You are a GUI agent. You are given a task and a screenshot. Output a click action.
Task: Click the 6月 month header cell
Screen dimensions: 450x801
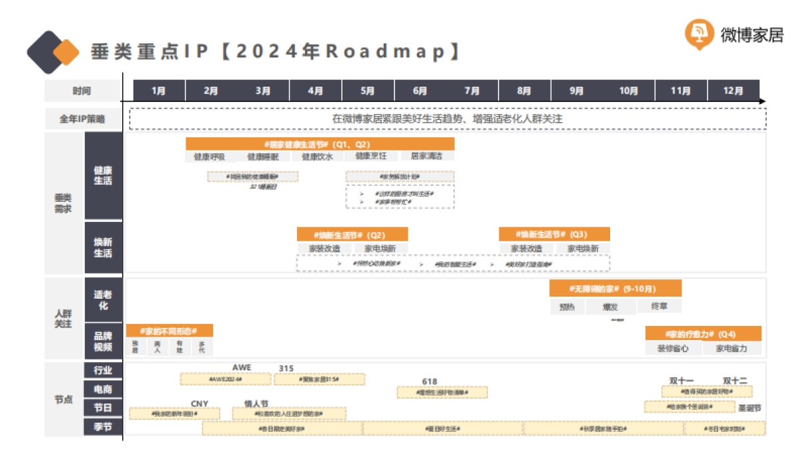pos(420,91)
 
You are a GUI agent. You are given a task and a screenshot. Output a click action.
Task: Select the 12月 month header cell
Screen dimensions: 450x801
pos(733,91)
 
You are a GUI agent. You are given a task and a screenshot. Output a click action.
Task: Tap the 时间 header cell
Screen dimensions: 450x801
pos(82,91)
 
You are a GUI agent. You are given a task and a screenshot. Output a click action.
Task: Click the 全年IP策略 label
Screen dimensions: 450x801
pos(82,119)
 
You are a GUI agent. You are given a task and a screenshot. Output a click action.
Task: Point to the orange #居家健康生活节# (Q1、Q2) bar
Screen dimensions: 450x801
pos(320,144)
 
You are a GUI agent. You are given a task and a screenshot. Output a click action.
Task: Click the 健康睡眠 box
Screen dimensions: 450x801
pos(263,157)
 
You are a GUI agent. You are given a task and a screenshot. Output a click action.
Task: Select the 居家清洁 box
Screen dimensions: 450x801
pos(427,157)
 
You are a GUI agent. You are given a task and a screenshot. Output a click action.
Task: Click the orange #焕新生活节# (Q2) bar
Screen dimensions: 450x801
pos(352,235)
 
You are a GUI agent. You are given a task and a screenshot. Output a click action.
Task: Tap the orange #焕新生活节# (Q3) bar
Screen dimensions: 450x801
pos(554,235)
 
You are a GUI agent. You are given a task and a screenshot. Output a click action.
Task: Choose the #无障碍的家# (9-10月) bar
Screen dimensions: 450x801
pos(615,289)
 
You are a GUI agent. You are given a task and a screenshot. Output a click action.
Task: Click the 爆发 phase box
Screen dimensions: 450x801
pos(610,307)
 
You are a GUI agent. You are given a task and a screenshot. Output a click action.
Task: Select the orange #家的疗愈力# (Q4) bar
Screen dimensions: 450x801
pos(703,333)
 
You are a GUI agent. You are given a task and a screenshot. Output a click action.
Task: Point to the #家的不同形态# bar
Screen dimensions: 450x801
pos(170,331)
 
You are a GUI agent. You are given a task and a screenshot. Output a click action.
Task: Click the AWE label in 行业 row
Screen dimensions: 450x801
pos(242,368)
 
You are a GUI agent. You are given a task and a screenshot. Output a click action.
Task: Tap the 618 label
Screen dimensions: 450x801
pos(429,381)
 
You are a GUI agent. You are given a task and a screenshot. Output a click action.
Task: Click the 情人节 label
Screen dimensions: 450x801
pos(256,403)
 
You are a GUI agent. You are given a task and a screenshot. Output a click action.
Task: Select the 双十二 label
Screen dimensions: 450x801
pos(735,381)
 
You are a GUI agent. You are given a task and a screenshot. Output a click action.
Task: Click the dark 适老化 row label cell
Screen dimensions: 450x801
pos(103,301)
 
